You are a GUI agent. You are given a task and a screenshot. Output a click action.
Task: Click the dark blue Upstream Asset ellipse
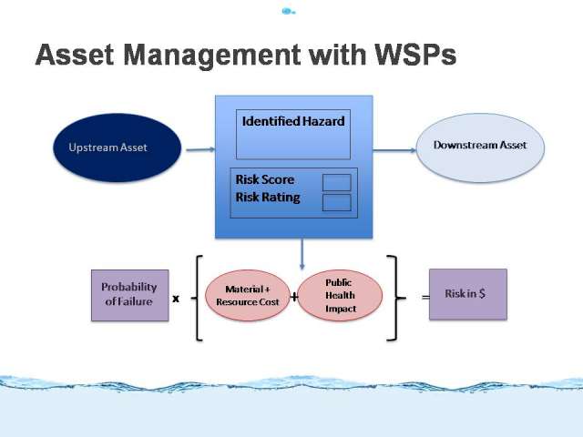[x=118, y=147]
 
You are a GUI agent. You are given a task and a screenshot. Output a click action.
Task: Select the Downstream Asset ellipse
[x=480, y=147]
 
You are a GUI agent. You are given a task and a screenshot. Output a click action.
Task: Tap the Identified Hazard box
[x=293, y=135]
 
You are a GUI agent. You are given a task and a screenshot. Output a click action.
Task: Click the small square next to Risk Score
[x=337, y=182]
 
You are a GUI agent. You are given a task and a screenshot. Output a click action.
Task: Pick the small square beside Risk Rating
[x=337, y=202]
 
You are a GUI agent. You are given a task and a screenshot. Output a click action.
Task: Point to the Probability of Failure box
[x=129, y=295]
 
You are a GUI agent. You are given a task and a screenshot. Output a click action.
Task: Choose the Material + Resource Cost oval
[x=248, y=295]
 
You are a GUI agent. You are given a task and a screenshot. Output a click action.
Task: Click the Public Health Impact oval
[x=340, y=295]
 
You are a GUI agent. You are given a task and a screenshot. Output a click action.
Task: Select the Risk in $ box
[x=468, y=294]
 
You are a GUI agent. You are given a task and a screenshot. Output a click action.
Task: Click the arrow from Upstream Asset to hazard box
[x=200, y=149]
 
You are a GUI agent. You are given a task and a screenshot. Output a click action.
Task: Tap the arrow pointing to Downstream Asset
[x=394, y=150]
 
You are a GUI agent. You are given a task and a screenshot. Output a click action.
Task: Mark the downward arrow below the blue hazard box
[x=302, y=254]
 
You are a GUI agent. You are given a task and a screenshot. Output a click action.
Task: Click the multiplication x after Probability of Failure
[x=176, y=299]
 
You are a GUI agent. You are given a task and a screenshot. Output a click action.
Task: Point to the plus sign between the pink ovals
[x=294, y=297]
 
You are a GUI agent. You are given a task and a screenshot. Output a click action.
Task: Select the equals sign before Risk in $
[x=425, y=297]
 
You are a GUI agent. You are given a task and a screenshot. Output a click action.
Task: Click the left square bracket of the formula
[x=197, y=298]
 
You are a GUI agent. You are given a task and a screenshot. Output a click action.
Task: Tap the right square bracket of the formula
[x=394, y=298]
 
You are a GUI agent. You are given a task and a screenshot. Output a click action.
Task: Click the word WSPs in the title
[x=415, y=55]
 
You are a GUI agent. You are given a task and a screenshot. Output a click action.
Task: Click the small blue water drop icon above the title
[x=288, y=11]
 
